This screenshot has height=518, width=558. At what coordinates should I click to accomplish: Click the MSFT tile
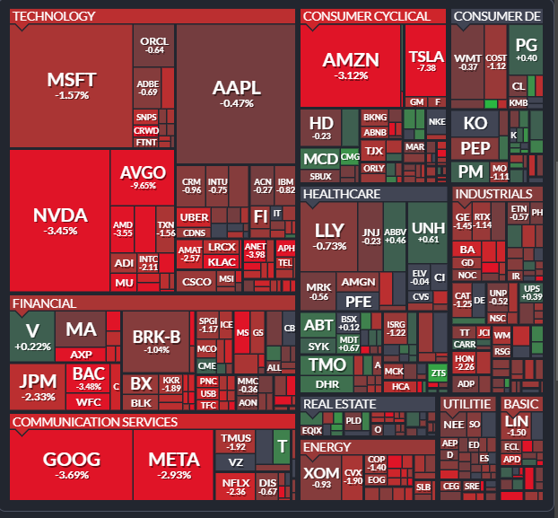72,85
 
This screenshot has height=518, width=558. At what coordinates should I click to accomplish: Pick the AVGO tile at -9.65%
143,177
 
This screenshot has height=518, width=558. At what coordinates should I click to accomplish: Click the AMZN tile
351,65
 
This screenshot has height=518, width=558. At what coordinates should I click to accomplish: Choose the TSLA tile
426,60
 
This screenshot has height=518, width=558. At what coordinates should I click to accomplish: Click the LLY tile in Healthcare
329,235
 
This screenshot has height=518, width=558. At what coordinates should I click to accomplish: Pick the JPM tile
37,385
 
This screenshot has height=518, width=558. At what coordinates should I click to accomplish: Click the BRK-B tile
156,341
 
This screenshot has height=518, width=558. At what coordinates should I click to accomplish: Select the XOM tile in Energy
320,477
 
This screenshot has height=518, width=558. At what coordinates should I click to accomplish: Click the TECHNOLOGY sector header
55,16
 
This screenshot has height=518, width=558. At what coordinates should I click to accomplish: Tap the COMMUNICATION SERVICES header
95,422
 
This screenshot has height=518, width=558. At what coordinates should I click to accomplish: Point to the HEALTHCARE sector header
342,194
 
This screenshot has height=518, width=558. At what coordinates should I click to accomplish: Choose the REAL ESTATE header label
340,404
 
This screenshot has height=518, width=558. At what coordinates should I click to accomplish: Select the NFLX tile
235,487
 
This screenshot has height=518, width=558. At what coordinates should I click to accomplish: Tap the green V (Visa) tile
32,336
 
